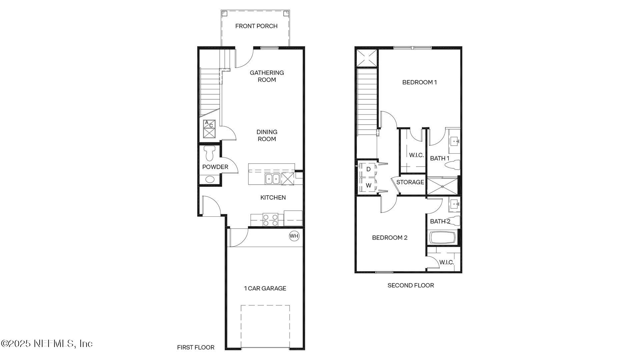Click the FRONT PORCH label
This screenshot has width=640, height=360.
(256, 26)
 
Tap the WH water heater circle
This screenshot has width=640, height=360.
(294, 236)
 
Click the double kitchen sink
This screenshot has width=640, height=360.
(272, 179)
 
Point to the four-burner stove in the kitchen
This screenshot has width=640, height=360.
(270, 220)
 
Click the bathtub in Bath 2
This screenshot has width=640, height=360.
(442, 238)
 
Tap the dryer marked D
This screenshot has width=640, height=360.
(368, 169)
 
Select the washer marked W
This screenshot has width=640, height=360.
(368, 186)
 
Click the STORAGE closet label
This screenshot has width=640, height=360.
(410, 182)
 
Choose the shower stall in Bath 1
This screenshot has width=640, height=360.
(442, 186)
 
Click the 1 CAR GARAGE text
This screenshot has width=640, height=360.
(265, 288)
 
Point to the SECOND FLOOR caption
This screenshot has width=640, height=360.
(410, 285)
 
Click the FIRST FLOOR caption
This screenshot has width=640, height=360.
(195, 347)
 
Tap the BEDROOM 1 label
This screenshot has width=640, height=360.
(419, 82)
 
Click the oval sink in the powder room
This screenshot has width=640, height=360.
(210, 179)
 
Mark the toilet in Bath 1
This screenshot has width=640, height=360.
(453, 164)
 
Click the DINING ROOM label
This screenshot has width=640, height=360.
(267, 136)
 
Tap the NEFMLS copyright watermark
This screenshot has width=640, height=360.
(47, 343)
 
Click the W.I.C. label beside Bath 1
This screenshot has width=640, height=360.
(416, 155)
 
